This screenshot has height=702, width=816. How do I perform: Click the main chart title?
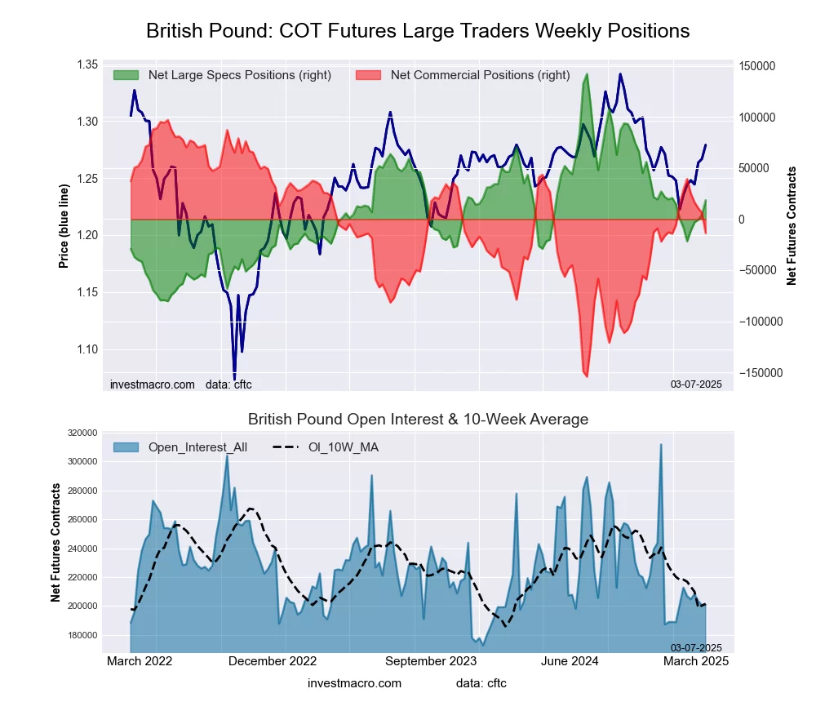tap(418, 31)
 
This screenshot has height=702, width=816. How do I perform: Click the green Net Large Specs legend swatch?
tap(126, 75)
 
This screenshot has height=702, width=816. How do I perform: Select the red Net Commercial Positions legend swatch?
tap(368, 75)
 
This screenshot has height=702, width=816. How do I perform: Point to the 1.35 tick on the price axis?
tap(86, 64)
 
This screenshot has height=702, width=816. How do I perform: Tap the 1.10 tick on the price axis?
tap(86, 349)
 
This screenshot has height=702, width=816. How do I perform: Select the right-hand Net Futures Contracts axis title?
tap(792, 226)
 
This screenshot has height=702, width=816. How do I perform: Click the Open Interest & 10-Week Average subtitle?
tap(418, 420)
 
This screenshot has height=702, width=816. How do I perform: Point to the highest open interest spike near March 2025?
tap(661, 445)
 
